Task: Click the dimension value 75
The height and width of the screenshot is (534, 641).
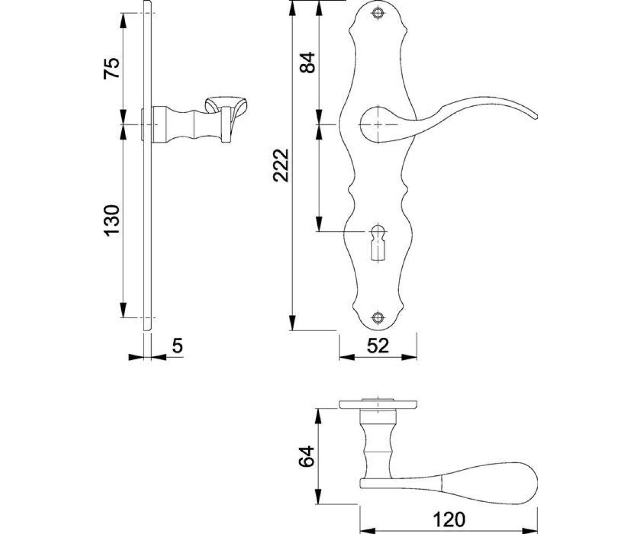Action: [111, 68]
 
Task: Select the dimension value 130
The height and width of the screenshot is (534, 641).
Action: [111, 221]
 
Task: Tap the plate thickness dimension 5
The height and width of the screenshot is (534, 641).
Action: [177, 345]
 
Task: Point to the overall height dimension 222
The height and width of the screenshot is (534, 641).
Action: [281, 166]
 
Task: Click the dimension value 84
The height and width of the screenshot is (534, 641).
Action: [307, 62]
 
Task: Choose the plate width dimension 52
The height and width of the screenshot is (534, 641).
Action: [378, 345]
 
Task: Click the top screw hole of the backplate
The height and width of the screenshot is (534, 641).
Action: [378, 13]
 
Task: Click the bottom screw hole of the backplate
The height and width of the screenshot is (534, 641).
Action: [378, 318]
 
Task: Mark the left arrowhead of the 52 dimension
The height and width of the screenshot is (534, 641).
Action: [346, 357]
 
